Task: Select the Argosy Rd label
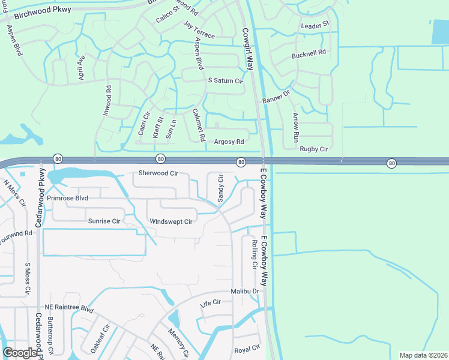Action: pos(229,142)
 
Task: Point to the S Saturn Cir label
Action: pos(224,81)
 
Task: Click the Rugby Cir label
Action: pos(314,149)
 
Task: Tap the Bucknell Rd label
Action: pos(309,53)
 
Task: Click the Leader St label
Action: pos(315,25)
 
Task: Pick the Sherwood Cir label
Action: pos(158,173)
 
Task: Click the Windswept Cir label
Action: pos(170,221)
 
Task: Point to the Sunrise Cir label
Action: pos(104,221)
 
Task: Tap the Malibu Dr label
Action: pos(245,292)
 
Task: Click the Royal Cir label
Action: pos(247,349)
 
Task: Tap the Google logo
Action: pos(20,352)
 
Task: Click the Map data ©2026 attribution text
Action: pos(423,355)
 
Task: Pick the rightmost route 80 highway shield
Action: pos(391,163)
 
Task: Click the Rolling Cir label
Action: pos(255,254)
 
